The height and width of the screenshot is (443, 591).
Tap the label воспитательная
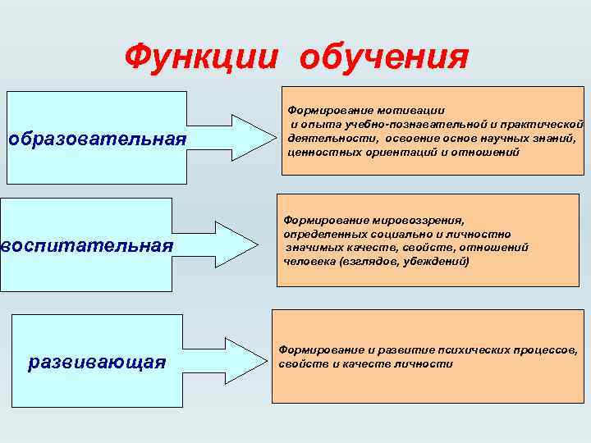[88, 245]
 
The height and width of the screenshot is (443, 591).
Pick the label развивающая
[97, 361]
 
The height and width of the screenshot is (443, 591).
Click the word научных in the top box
[510, 138]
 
